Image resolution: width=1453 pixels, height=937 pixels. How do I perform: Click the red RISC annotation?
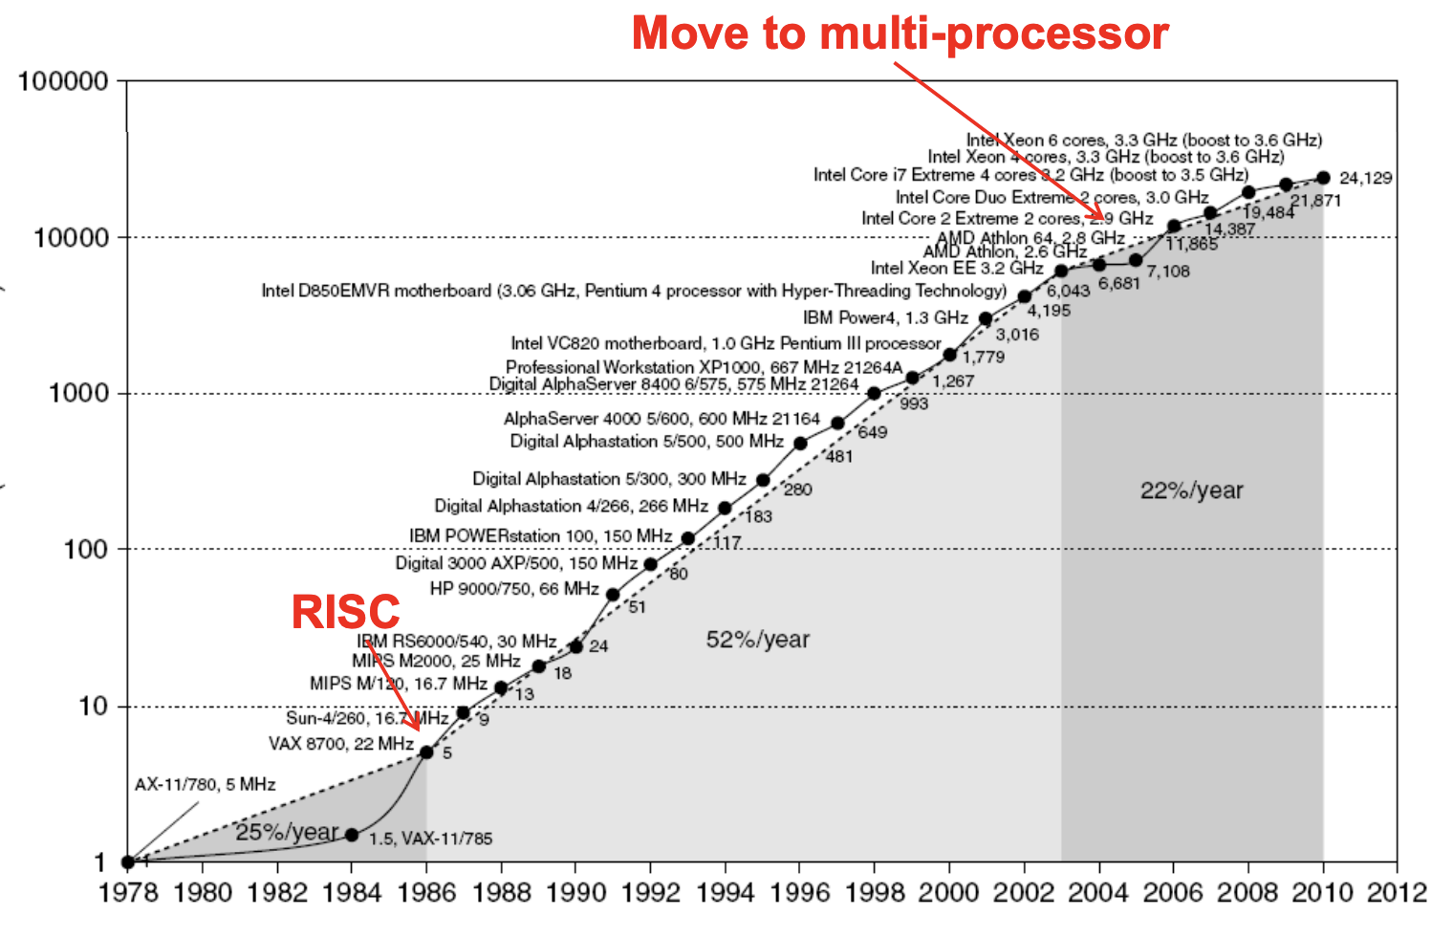[345, 612]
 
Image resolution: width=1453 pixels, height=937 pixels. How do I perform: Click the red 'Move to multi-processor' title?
[900, 33]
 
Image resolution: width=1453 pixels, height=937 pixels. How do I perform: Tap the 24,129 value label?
[1365, 178]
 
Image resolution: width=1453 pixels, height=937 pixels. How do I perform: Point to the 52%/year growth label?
[757, 640]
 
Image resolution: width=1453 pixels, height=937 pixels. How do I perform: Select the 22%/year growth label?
[1191, 490]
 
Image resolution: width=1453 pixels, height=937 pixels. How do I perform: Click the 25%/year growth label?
[287, 832]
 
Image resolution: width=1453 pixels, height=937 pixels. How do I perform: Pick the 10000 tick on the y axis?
[72, 237]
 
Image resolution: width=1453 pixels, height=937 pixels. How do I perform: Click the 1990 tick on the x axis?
[575, 892]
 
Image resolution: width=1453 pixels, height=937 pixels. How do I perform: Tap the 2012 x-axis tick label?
[1397, 892]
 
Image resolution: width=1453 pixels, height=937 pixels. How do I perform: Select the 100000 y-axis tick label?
[63, 81]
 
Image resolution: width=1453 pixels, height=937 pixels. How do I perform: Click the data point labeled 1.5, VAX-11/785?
[352, 835]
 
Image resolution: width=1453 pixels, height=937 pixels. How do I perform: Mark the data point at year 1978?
[128, 861]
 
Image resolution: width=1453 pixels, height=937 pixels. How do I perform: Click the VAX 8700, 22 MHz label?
[340, 744]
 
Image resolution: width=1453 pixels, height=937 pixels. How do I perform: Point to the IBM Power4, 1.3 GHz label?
[885, 317]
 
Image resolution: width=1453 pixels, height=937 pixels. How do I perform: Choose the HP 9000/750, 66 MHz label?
[513, 589]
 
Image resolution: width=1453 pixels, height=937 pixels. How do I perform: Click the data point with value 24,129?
[1323, 178]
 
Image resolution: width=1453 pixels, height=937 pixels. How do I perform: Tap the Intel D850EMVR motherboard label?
[634, 291]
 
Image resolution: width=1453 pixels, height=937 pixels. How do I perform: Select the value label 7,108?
[1168, 272]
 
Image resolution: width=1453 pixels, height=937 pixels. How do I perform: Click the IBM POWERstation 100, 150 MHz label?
[540, 536]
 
